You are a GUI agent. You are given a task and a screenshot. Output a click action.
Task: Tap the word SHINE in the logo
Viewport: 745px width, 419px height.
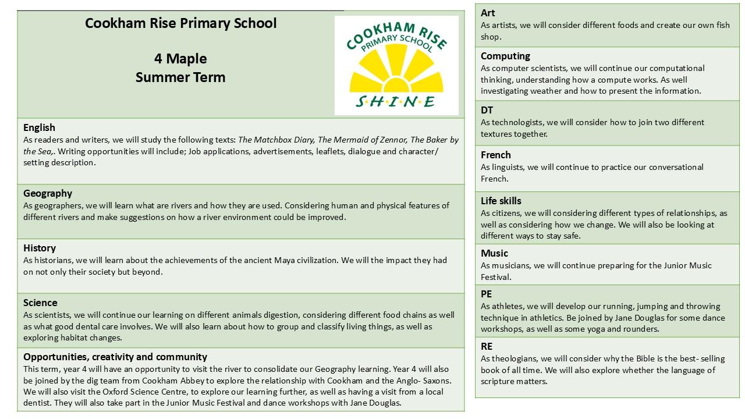(x=396, y=102)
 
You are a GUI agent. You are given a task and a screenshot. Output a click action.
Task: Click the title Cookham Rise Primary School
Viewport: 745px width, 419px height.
(x=180, y=23)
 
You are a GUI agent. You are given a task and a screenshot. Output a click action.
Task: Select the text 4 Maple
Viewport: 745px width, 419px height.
(x=180, y=59)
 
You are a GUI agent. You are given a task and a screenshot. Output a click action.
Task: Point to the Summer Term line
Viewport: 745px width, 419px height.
(x=180, y=77)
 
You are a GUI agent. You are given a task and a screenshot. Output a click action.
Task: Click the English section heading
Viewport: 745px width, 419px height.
(x=39, y=127)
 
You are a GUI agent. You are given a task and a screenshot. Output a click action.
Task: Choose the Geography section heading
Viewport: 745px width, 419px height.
(x=48, y=193)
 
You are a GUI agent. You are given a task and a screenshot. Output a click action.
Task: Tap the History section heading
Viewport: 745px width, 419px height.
(x=40, y=248)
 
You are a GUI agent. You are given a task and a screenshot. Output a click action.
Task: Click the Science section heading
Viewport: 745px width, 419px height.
(x=40, y=303)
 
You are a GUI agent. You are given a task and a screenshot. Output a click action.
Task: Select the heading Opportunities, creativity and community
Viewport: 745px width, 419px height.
(x=115, y=357)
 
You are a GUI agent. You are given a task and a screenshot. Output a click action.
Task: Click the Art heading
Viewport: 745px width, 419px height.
(x=488, y=13)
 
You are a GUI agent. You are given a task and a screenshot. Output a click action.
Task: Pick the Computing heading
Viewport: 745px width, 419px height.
(x=505, y=56)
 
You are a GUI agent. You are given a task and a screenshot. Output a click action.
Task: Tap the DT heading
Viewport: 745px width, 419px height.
(x=487, y=110)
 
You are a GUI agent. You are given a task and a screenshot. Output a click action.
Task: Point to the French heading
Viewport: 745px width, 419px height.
(x=495, y=155)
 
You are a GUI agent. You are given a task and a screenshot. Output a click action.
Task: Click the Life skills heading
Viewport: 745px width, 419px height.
(x=501, y=201)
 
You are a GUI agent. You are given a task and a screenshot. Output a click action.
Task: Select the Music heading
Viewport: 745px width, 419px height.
(x=494, y=253)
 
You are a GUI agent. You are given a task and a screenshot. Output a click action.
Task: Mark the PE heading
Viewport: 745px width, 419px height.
(x=486, y=294)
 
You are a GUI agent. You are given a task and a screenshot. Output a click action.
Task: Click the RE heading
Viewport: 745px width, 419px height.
(x=487, y=346)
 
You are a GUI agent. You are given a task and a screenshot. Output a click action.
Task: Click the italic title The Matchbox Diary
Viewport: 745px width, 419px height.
(x=276, y=140)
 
